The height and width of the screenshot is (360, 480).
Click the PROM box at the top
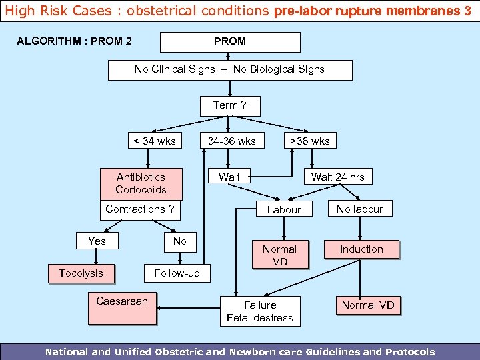230,41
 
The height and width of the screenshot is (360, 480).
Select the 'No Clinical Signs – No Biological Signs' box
230,69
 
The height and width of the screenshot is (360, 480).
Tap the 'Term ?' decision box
230,105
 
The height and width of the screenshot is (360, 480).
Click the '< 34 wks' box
155,141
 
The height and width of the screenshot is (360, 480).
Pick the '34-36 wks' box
232,141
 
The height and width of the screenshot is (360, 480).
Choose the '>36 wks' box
308,141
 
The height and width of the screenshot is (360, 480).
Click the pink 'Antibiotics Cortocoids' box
141,183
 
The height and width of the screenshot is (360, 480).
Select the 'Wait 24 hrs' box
338,177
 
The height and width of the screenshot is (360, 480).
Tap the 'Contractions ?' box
140,209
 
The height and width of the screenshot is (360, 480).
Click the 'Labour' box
284,209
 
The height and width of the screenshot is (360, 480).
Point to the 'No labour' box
360,209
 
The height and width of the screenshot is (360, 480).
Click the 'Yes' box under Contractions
97,241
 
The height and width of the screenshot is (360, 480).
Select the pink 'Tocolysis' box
81,273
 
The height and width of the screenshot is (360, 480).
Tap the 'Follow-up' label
177,273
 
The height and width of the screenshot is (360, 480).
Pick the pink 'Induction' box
361,249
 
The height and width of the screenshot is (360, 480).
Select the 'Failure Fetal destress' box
260,311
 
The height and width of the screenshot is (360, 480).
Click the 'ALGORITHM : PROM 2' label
74,41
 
